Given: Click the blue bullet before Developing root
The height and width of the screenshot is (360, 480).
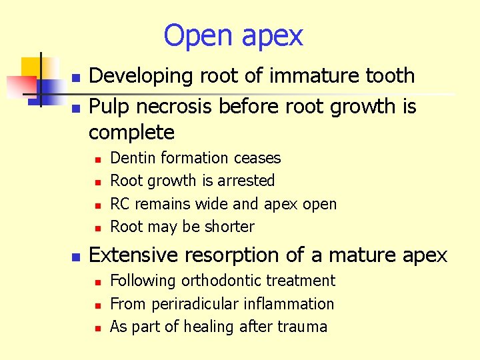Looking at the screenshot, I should (x=77, y=79).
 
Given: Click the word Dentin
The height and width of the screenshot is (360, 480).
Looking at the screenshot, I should (x=132, y=158).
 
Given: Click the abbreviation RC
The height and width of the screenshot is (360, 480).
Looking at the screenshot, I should (x=121, y=204).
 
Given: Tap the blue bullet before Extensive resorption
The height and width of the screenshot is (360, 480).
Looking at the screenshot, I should (x=77, y=257).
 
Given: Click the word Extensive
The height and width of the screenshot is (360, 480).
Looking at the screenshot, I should (x=133, y=255).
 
